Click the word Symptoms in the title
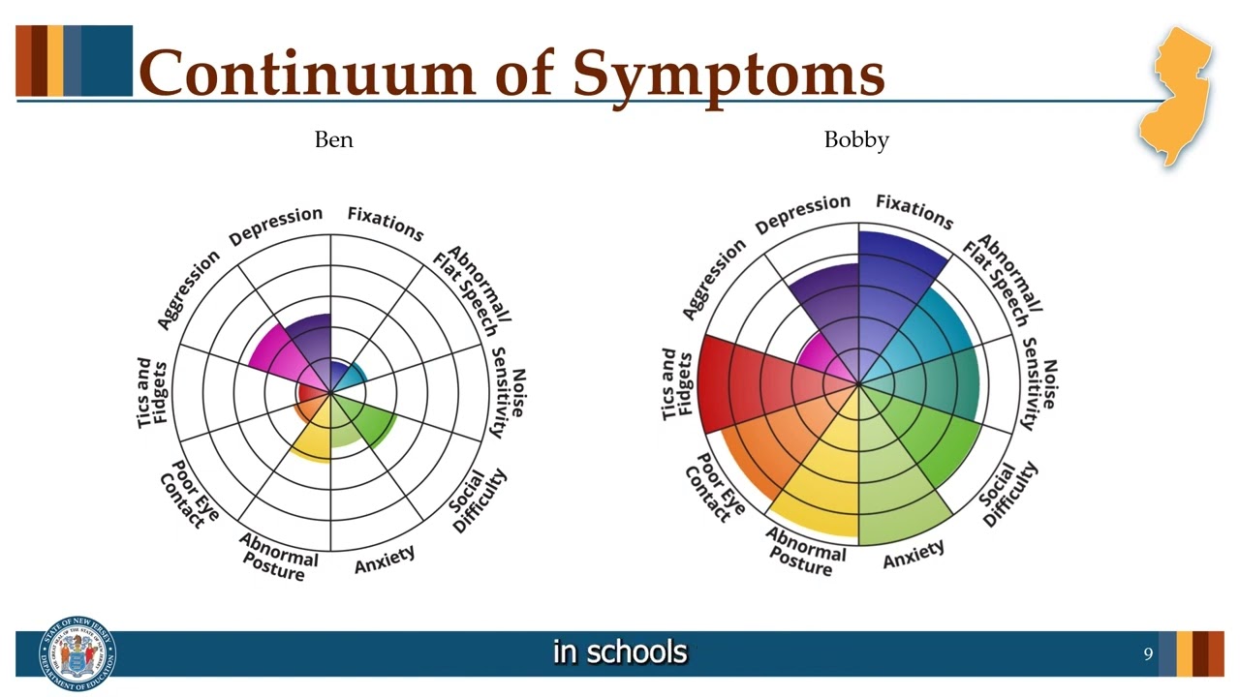click(728, 75)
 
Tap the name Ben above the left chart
click(333, 140)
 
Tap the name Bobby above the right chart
click(855, 140)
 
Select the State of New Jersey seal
click(77, 653)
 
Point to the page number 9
click(1148, 654)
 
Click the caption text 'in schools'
click(620, 652)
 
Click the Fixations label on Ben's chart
click(386, 224)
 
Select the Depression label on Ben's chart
click(275, 225)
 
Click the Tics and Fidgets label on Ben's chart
click(152, 393)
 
